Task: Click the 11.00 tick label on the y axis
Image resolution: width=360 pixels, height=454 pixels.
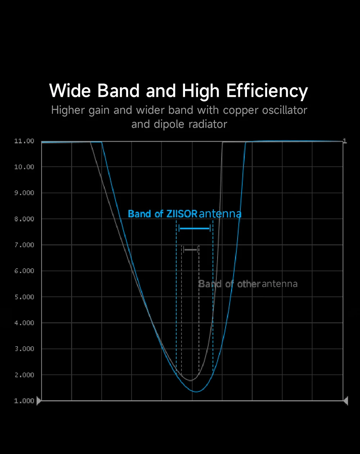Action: [x=24, y=141]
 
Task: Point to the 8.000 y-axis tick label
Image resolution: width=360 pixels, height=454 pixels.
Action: [x=24, y=219]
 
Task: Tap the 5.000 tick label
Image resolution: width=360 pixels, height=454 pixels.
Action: [x=24, y=297]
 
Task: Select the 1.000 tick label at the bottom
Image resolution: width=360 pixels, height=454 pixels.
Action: [x=24, y=401]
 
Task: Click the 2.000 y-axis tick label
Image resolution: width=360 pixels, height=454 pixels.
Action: [x=24, y=375]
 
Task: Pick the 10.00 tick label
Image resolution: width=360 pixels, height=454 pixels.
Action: [x=24, y=167]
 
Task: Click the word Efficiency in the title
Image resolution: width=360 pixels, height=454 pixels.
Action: [x=267, y=91]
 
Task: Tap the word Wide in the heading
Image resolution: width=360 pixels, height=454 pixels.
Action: [x=70, y=90]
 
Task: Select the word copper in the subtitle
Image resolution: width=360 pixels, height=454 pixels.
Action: [x=239, y=110]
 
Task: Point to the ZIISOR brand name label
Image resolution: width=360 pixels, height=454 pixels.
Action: [x=182, y=214]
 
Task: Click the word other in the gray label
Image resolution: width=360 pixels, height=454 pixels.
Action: [x=248, y=284]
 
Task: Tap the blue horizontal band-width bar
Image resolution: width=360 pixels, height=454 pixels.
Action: [x=194, y=228]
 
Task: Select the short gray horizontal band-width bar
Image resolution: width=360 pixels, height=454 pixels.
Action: [x=190, y=249]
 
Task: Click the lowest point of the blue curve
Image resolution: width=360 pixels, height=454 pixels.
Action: [x=196, y=391]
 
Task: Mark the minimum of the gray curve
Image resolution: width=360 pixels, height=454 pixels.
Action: [x=190, y=380]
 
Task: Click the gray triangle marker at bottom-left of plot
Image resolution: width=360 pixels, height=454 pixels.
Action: [x=39, y=400]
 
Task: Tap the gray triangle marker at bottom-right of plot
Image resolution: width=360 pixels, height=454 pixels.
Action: [x=346, y=400]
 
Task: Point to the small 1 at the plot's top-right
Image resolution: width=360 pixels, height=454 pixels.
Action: [x=345, y=141]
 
